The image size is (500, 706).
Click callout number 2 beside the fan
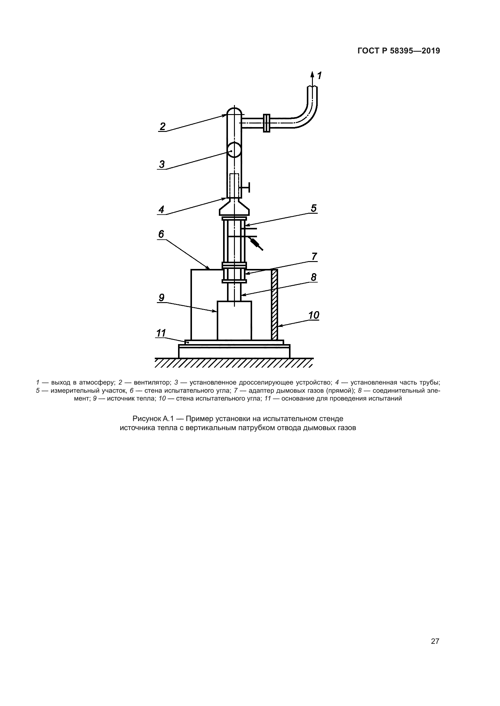pos(163,126)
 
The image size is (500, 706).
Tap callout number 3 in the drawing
pos(162,164)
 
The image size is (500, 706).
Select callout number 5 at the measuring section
pos(313,208)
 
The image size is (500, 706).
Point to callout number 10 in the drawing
pos(314,315)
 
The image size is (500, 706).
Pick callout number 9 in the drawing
pos(161,297)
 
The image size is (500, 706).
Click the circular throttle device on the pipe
pos(234,149)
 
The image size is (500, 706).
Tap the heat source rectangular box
pos(234,321)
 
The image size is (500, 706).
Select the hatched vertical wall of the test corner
pos(274,305)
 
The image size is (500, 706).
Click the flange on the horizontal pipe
pos(267,123)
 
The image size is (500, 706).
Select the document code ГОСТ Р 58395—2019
pos(399,51)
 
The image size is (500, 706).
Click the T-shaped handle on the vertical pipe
pos(246,187)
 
